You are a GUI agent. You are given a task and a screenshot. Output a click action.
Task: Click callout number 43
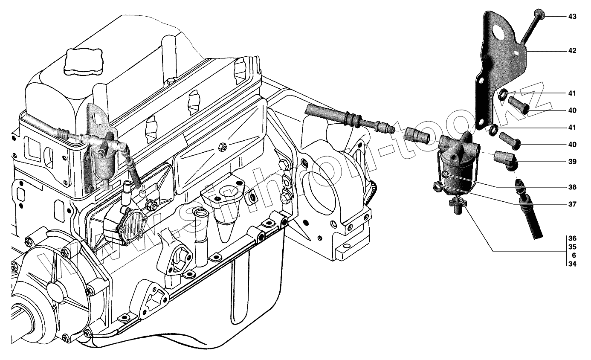[572, 16]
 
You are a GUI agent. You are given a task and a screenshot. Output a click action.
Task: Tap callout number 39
[572, 162]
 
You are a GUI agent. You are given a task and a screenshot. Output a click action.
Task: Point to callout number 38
[572, 187]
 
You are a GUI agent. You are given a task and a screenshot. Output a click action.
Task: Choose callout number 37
[572, 204]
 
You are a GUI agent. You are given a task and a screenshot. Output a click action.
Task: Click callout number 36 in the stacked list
[572, 238]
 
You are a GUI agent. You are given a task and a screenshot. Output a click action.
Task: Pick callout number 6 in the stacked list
[574, 255]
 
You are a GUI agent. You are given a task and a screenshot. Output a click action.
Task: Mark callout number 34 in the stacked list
[572, 264]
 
